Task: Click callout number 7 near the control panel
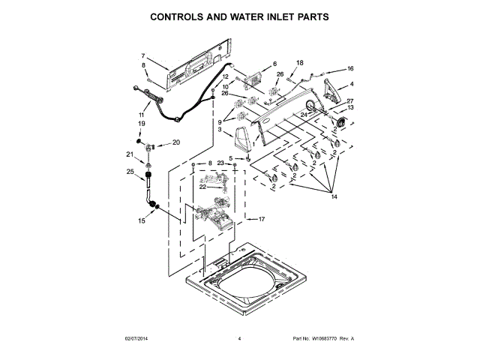pos(142,56)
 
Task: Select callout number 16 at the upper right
pos(349,69)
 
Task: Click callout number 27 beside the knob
pos(349,101)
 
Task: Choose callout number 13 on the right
pos(349,108)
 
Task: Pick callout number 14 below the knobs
pos(334,196)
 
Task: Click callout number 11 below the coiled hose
pos(141,115)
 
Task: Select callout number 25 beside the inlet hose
pos(130,172)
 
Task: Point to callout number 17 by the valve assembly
pos(262,219)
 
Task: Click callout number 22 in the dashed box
pos(202,187)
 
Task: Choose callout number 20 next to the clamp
pos(177,142)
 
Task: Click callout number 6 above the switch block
pos(274,64)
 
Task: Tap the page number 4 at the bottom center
pos(239,339)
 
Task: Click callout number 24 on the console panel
pos(303,115)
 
